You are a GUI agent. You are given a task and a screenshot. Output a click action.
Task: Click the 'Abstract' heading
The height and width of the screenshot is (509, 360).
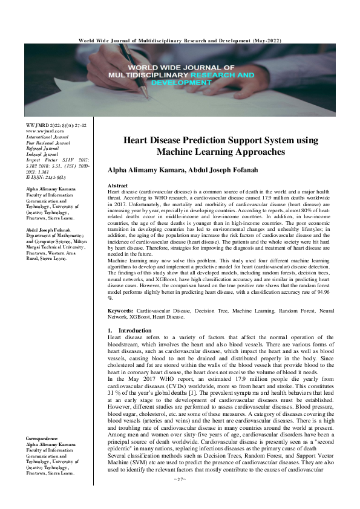(117, 184)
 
